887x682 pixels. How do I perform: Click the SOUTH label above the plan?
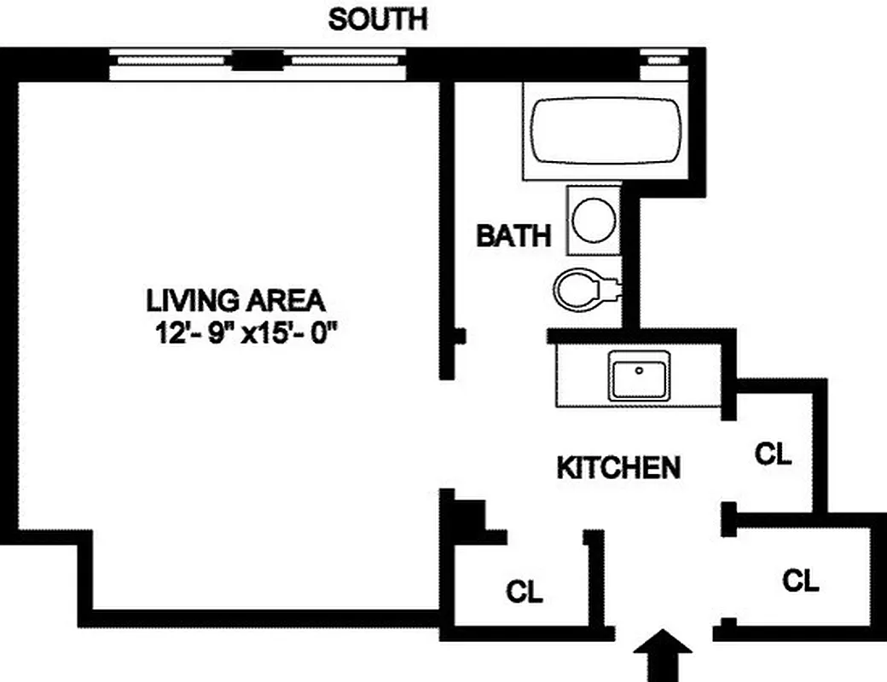(x=378, y=19)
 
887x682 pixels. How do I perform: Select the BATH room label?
(x=513, y=235)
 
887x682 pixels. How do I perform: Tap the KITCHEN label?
(x=618, y=467)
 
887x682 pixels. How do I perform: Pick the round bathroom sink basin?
(x=593, y=220)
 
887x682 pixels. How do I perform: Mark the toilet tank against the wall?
(x=614, y=289)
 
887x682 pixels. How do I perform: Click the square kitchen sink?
(x=638, y=375)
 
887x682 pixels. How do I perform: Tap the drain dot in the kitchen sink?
(x=638, y=371)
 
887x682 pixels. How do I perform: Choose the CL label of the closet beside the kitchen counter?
(x=774, y=454)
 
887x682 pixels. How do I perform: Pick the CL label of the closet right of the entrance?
(x=801, y=581)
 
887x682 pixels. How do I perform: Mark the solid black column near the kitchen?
(x=468, y=517)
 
